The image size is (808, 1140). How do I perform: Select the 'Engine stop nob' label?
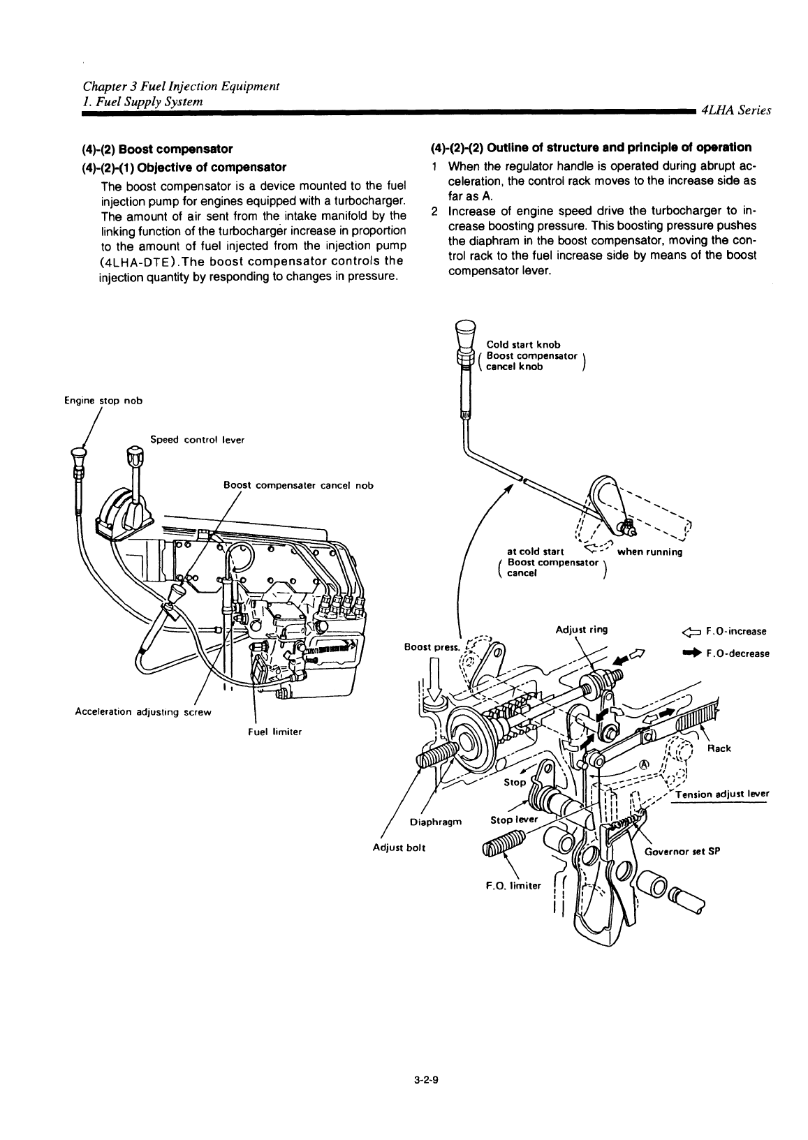point(102,401)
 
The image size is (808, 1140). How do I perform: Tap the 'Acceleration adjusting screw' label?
point(142,712)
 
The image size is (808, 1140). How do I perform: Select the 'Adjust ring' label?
point(581,629)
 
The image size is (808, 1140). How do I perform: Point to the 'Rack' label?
point(719,748)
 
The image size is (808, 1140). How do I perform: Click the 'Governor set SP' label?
point(682,851)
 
